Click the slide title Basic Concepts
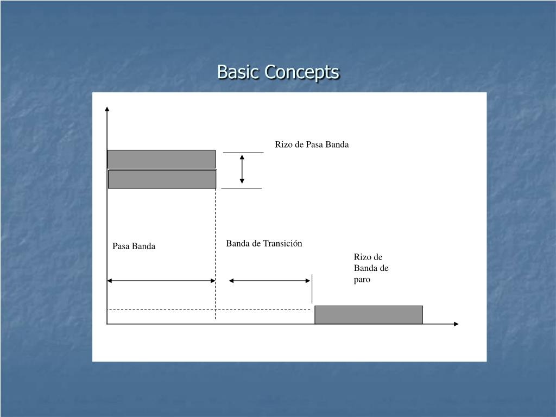coord(278,72)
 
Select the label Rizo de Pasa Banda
coord(312,144)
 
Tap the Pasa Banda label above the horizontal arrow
coord(134,247)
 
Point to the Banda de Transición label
coord(264,244)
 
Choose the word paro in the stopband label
coord(362,280)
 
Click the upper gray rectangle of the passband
coord(161,159)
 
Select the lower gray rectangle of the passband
coord(162,179)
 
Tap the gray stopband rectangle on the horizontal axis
coord(368,315)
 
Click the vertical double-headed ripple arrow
coord(242,169)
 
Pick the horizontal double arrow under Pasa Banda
coord(161,281)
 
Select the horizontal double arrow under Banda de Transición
coord(269,281)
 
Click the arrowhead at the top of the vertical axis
coord(108,109)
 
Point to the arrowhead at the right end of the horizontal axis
coord(456,324)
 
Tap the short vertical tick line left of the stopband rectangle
coord(312,289)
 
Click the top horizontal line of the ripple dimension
coord(243,153)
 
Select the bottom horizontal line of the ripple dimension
coord(242,188)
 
